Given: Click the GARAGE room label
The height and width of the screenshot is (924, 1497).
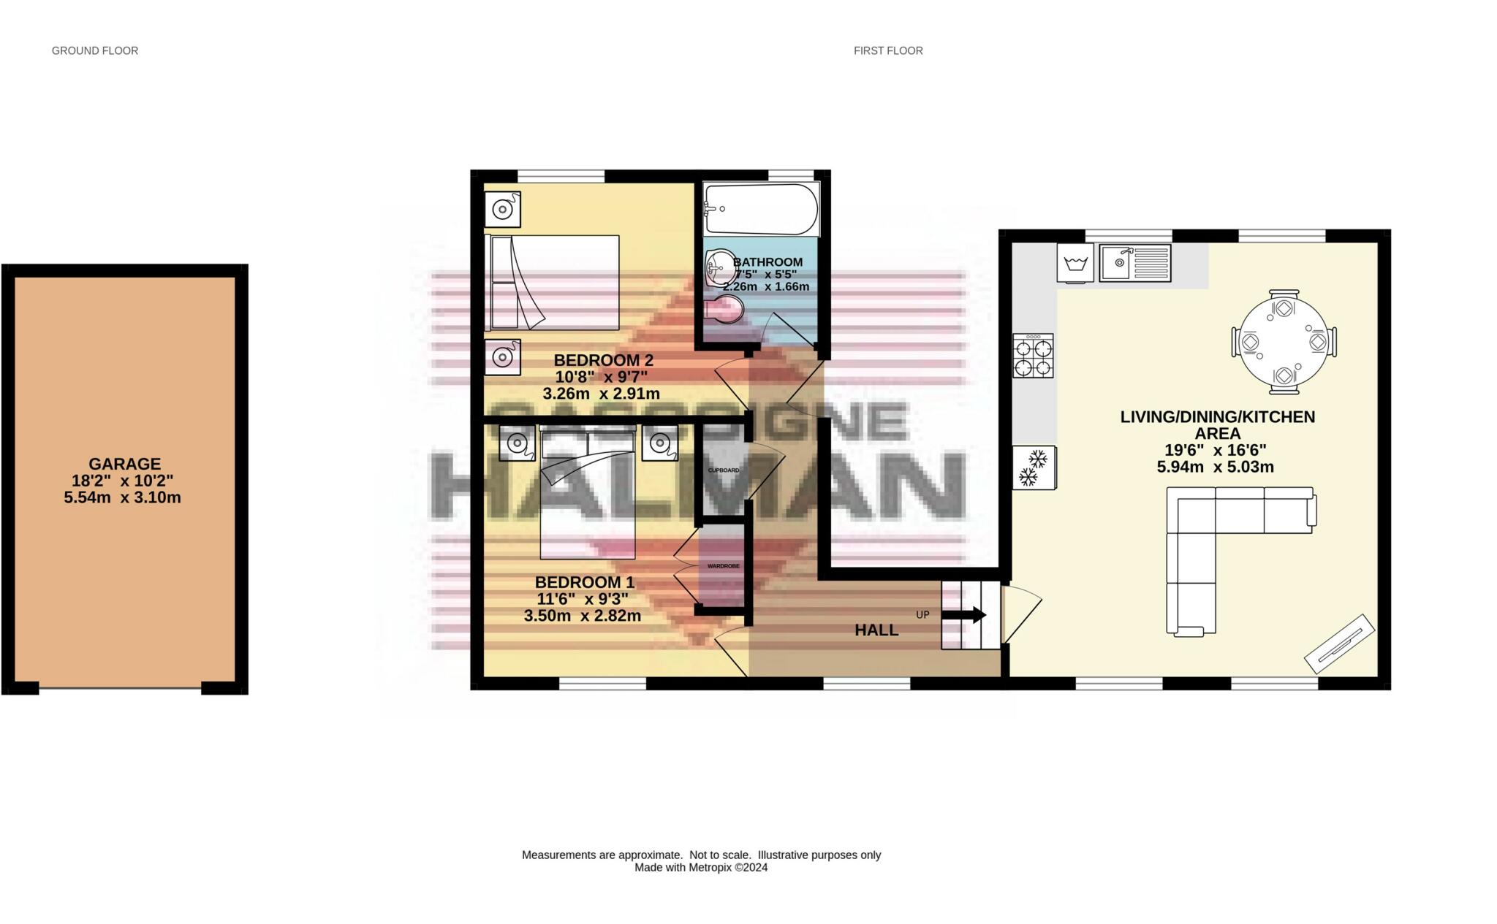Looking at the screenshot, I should coord(124,464).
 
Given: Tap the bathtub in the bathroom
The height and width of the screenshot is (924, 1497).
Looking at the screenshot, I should coord(761,209).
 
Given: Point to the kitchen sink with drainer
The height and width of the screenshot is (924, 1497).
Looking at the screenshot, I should coord(1134,263).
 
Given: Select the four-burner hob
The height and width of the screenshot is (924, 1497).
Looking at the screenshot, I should coord(1033,356).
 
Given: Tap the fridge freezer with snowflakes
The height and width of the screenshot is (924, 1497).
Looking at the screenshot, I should coord(1034,467).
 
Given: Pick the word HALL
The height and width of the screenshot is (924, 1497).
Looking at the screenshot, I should coord(876,630).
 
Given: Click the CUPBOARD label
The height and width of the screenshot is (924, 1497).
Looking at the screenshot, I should coord(723,470).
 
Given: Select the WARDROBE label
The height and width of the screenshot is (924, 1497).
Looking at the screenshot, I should coord(723,566).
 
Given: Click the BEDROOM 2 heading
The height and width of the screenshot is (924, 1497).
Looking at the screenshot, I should coord(603,360).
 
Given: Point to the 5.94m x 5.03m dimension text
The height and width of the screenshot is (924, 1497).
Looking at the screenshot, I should coord(1215,467).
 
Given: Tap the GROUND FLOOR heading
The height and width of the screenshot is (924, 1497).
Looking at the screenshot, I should coord(95,50).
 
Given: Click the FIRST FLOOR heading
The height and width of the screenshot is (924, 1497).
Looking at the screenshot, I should coord(888,50).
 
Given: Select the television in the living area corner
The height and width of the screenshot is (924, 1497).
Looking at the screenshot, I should coord(1340,643).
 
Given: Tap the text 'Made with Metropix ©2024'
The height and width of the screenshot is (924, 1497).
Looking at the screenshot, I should coord(701,868).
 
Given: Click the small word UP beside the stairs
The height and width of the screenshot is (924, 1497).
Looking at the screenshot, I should coord(922,615).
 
